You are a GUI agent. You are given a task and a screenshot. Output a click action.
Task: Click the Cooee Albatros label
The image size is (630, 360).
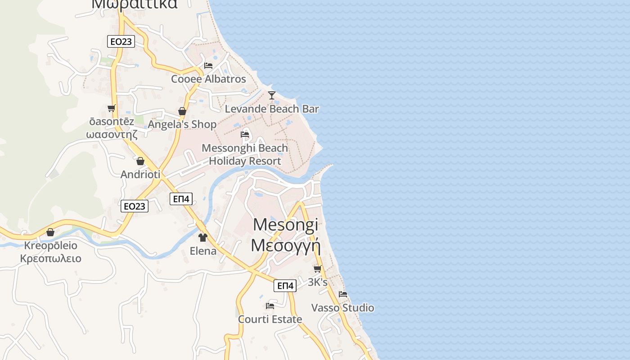coord(208,79)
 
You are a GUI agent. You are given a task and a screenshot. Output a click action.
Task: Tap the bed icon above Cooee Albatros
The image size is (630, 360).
coord(208,66)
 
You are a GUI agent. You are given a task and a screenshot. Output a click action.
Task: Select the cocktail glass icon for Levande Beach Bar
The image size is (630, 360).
coord(272,95)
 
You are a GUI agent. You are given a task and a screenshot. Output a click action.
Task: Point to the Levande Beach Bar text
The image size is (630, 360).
coord(272,109)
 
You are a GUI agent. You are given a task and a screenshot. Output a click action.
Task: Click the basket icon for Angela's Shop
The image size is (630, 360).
coord(182,111)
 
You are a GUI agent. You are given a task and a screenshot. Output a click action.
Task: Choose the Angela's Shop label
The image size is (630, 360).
coord(182,124)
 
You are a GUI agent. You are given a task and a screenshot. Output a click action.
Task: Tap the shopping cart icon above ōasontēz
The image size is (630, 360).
coord(111,108)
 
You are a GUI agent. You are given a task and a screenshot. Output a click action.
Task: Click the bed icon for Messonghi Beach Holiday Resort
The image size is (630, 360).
coord(245,135)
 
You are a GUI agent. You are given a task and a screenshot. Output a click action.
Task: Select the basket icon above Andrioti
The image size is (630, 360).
coord(140,161)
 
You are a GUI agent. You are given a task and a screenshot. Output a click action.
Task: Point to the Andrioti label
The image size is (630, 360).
coord(140,174)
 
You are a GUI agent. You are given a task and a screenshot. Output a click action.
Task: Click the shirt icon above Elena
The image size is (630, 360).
coord(203,237)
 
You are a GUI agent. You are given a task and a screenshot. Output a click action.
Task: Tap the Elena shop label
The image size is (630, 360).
coord(203,251)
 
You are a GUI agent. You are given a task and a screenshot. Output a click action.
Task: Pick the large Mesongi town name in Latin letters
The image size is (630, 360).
coord(285,225)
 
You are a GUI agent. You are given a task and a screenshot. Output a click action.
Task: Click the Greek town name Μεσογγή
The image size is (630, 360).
coord(285,246)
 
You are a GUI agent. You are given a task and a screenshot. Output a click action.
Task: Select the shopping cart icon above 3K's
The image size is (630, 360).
coord(317,269)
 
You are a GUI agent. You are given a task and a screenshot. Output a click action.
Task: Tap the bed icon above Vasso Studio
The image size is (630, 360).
coord(343,295)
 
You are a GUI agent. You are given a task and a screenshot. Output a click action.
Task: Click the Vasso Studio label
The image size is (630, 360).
coord(343,308)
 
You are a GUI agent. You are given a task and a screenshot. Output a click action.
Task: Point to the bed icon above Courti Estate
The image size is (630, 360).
coord(270,306)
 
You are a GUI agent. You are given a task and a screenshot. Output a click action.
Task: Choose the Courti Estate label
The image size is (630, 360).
coord(270,319)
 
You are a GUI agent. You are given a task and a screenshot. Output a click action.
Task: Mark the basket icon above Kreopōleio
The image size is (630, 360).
coord(50,232)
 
